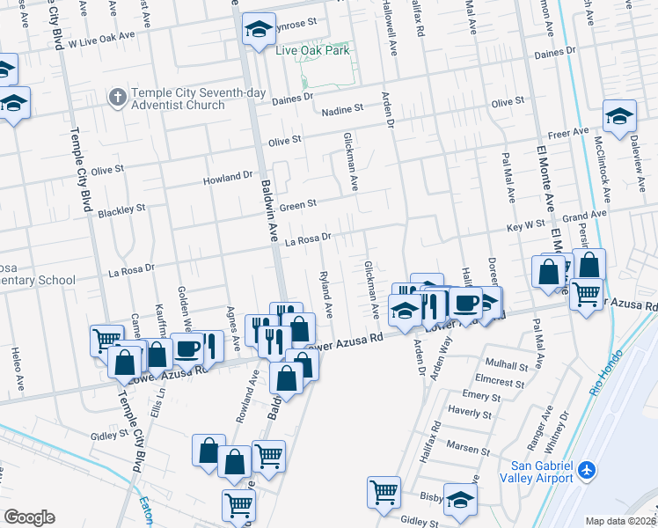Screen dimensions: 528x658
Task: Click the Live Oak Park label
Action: [x=312, y=50]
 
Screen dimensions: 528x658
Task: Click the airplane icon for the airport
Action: [x=587, y=472]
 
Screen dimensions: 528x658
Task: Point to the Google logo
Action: [x=28, y=517]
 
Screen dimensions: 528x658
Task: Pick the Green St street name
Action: [x=297, y=206]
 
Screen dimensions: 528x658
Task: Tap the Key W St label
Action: [x=526, y=226]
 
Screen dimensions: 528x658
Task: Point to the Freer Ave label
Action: [x=568, y=132]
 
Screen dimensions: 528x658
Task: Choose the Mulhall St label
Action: [x=506, y=363]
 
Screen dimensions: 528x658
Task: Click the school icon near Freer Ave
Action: [x=619, y=116]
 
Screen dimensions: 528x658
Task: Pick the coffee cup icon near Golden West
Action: [x=186, y=348]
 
